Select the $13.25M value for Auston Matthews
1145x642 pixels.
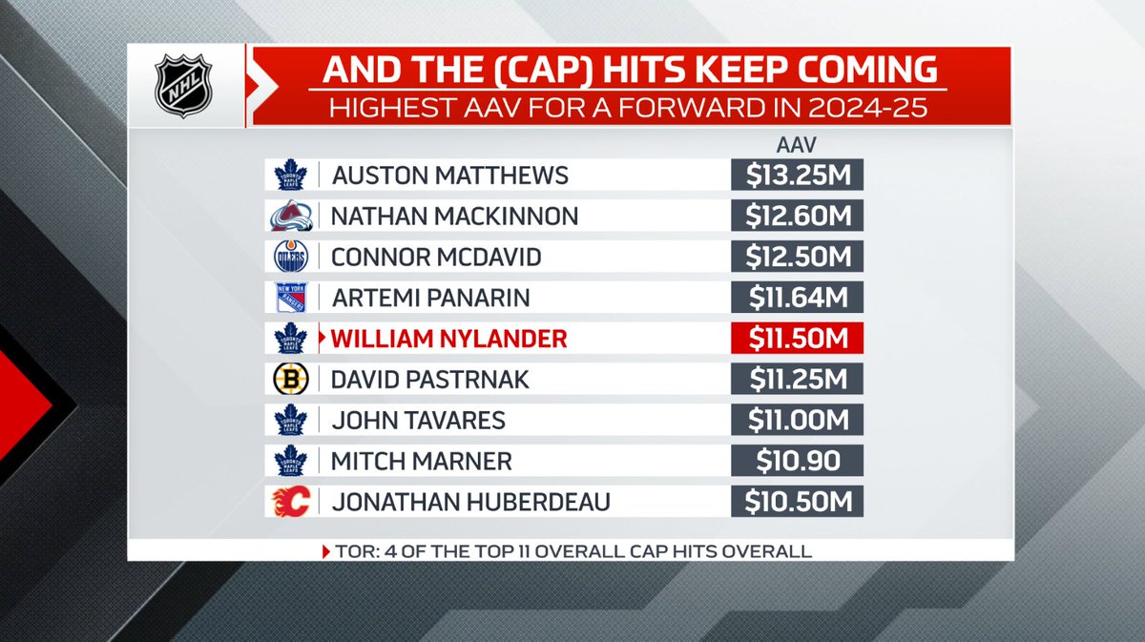click(x=797, y=176)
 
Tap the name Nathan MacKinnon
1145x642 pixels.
click(x=454, y=217)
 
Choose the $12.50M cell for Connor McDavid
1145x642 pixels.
click(x=797, y=258)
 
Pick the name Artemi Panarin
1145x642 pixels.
click(x=429, y=299)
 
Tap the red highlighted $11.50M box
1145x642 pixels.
click(x=797, y=340)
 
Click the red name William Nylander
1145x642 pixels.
click(x=448, y=340)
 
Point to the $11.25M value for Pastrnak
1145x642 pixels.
click(x=797, y=381)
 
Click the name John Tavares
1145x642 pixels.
click(x=418, y=421)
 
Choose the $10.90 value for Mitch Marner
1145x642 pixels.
click(x=797, y=462)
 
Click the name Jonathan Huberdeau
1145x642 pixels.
click(x=469, y=502)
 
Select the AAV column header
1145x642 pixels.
click(x=797, y=144)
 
